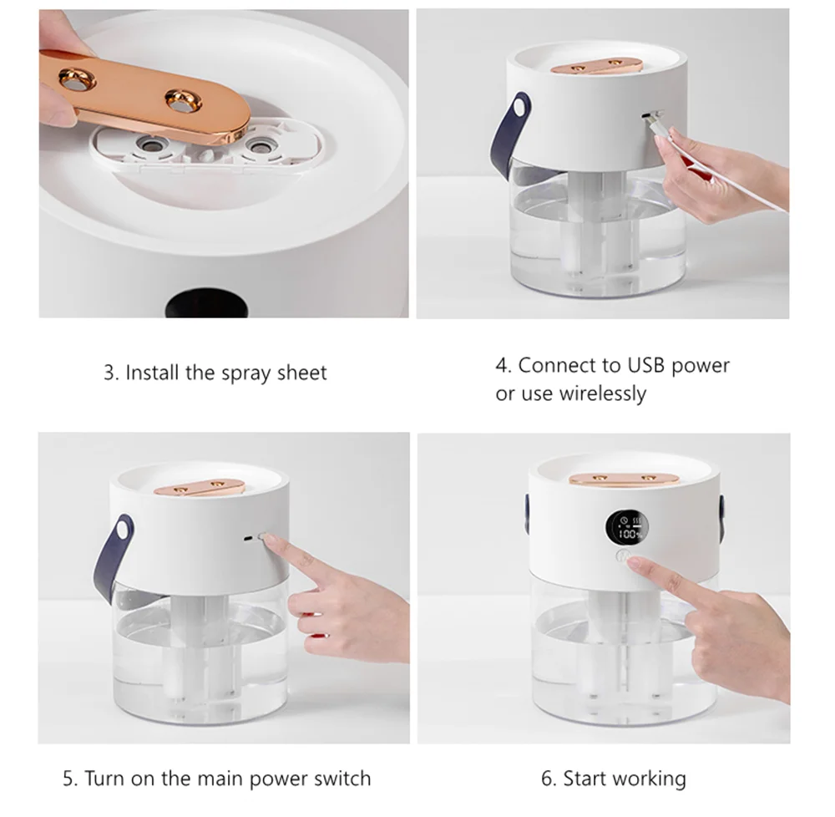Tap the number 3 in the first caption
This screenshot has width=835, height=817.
coord(109,373)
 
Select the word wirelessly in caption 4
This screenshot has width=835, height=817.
coord(602,393)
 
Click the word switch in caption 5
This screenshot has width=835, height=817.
coord(342,779)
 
